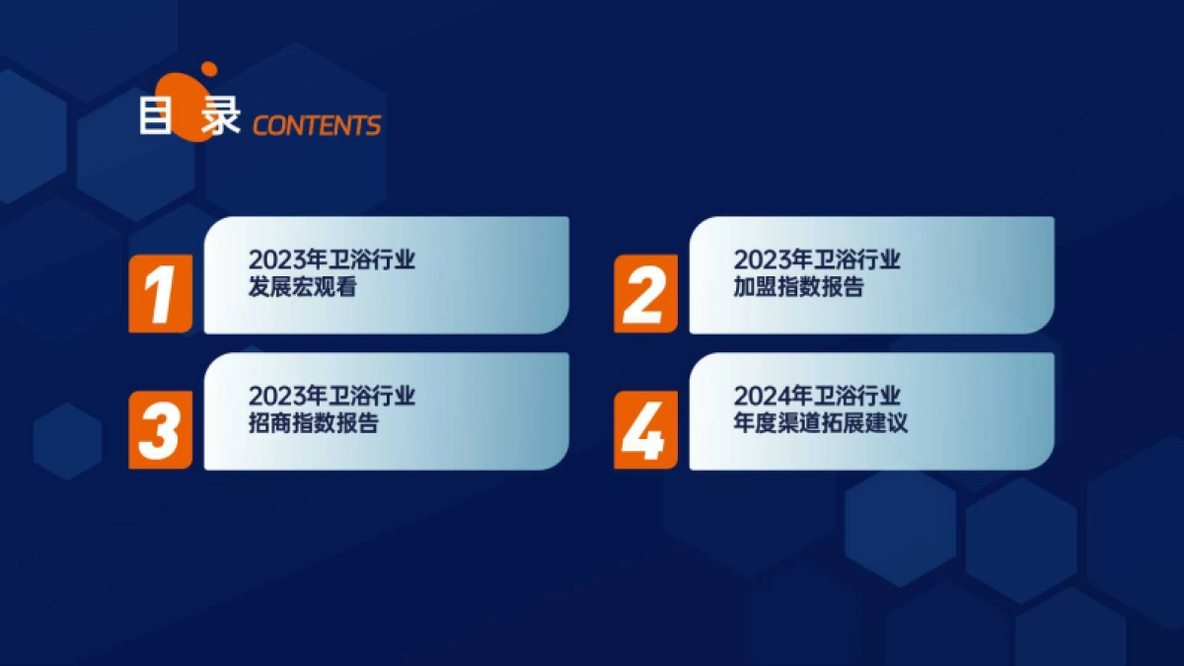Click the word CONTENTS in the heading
click(x=317, y=125)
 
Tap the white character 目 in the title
click(x=156, y=116)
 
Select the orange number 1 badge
click(x=160, y=293)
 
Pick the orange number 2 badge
click(x=645, y=293)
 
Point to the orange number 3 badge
click(x=160, y=429)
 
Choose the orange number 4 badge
click(x=645, y=429)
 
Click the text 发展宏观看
click(x=302, y=288)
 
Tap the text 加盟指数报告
click(x=798, y=288)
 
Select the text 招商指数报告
click(x=313, y=424)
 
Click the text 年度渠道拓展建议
click(x=820, y=424)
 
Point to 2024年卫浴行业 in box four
click(x=817, y=397)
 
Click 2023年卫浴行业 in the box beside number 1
click(x=332, y=260)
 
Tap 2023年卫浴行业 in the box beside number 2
click(x=817, y=260)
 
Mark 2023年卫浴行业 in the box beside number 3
click(x=332, y=397)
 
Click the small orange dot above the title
click(x=208, y=69)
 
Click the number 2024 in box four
click(x=756, y=397)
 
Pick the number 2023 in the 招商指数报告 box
click(x=270, y=397)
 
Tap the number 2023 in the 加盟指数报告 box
click(x=756, y=260)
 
